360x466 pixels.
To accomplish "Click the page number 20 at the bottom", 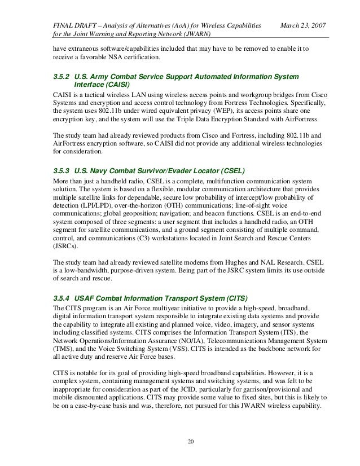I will (x=180, y=441).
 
